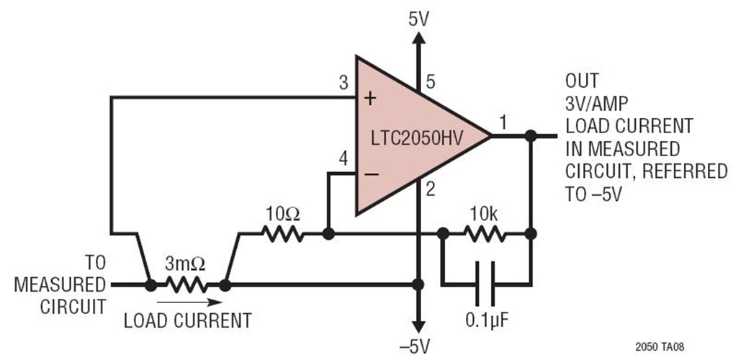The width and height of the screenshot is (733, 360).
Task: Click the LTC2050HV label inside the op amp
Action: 417,135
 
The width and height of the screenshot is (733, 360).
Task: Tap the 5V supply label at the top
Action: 417,18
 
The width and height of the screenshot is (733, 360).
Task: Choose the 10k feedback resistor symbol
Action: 486,234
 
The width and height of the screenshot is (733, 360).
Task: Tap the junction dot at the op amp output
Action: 531,135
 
